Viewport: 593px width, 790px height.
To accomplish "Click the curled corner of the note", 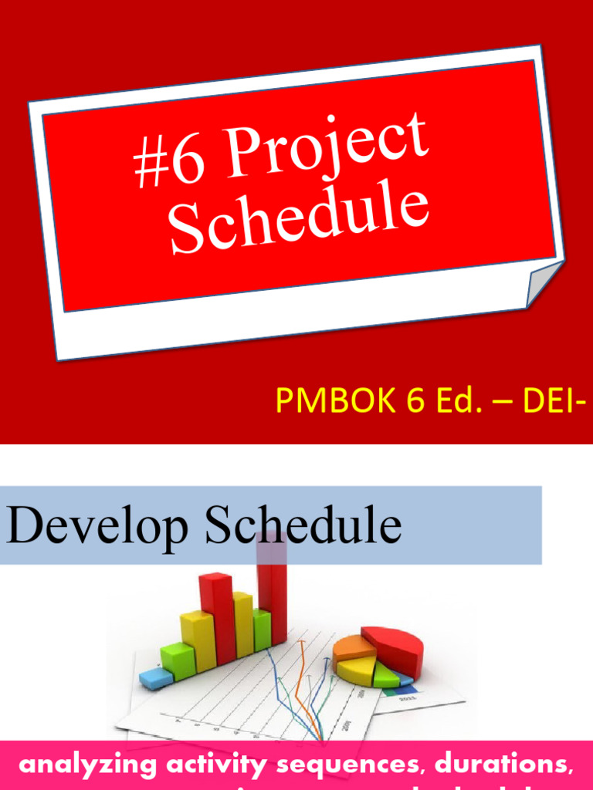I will pos(543,284).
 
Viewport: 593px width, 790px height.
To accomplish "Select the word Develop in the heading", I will pos(97,526).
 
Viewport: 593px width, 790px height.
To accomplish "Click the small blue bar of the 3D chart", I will pos(156,678).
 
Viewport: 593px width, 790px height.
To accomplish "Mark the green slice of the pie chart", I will pos(385,675).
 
